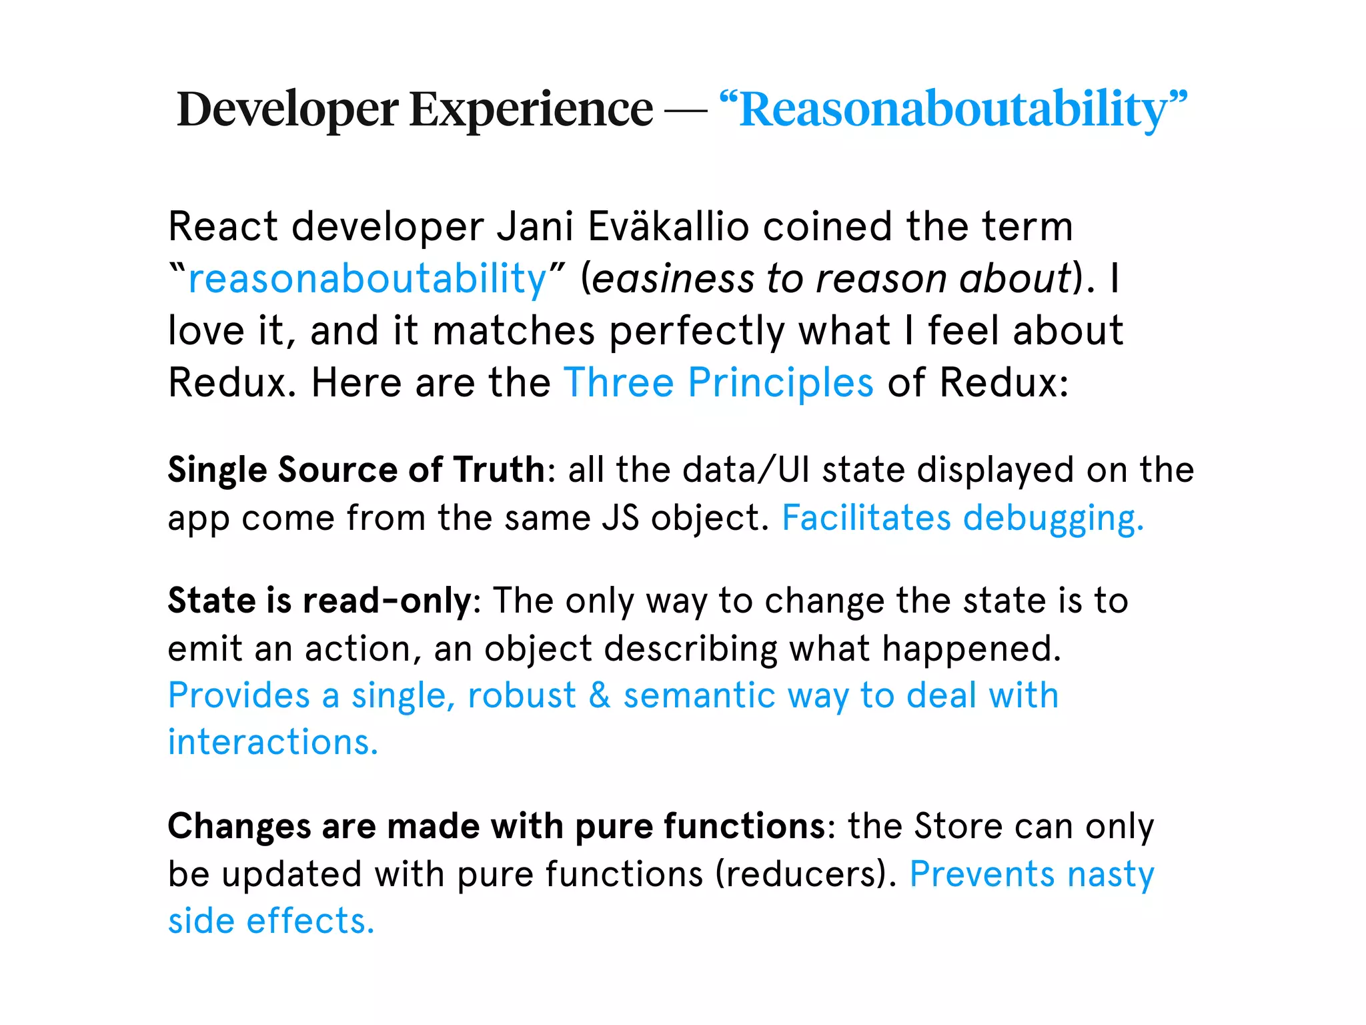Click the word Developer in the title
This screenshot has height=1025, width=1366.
[x=287, y=110]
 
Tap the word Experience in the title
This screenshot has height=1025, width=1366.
[x=531, y=110]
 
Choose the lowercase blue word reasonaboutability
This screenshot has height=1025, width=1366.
[x=368, y=278]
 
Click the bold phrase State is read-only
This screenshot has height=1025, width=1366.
[x=319, y=601]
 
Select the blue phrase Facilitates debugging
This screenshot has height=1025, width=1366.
[x=962, y=518]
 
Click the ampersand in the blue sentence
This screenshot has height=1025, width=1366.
[x=600, y=695]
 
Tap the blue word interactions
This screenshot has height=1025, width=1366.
[x=273, y=742]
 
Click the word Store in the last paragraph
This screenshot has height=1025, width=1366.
[x=957, y=826]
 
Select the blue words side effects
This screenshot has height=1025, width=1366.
[x=271, y=921]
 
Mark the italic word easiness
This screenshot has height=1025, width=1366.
[x=673, y=278]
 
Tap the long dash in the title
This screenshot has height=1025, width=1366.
[x=686, y=110]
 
